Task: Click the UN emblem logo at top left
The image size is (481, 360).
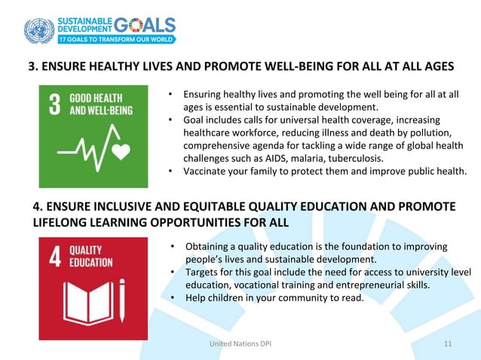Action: click(x=39, y=31)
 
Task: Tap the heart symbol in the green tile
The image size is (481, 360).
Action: click(x=122, y=152)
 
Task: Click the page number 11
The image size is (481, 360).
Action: click(x=449, y=344)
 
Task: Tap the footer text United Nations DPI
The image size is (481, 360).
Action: click(x=240, y=344)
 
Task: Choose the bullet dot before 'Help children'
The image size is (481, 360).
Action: click(x=173, y=297)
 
